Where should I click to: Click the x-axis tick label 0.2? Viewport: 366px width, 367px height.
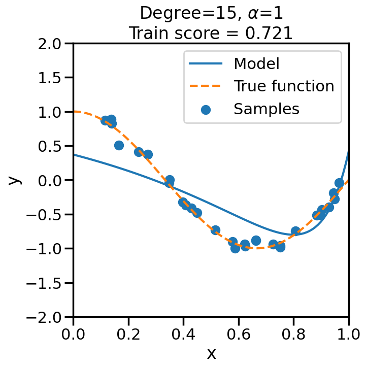128,334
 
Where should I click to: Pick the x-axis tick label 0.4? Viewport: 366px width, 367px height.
183,334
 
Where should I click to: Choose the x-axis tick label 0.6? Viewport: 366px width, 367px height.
239,334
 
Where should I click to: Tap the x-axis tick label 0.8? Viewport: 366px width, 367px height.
293,334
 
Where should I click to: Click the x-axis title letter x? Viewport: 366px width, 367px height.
211,353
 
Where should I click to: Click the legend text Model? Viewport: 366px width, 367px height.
256,64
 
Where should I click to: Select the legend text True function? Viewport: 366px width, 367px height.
284,86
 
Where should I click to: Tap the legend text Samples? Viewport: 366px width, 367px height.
266,109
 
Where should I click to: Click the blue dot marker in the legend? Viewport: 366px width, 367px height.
206,109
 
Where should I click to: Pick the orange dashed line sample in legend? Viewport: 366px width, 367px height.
206,86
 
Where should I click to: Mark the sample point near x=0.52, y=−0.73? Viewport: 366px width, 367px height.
215,230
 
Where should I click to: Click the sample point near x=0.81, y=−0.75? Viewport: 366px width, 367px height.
295,231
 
